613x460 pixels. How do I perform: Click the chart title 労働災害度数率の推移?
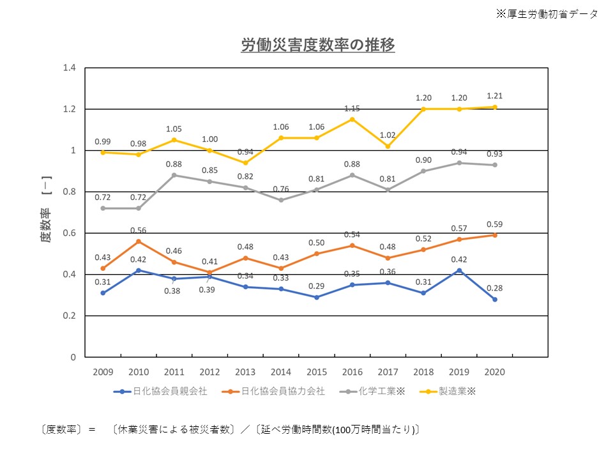tap(317, 45)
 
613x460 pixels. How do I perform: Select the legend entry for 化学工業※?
tap(376, 391)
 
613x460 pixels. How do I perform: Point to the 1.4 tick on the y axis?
tap(69, 68)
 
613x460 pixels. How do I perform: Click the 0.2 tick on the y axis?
tap(69, 316)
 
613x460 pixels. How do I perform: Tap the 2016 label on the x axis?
tap(352, 372)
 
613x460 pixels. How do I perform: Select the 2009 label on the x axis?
tap(102, 372)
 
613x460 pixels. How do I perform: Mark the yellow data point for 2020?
tap(495, 107)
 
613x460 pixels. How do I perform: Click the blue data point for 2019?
tap(459, 270)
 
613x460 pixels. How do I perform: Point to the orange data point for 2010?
tap(138, 241)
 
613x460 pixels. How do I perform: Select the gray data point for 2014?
tap(281, 200)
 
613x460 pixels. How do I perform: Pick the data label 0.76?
tap(281, 188)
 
